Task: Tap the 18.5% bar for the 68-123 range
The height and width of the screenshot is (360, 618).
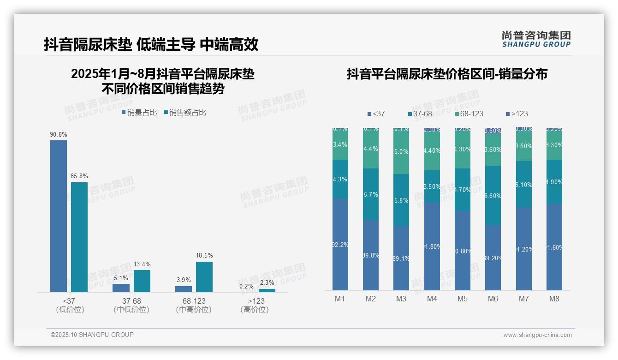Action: coord(204,276)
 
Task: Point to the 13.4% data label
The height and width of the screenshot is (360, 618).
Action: coord(142,264)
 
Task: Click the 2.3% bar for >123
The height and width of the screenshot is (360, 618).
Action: coord(267,290)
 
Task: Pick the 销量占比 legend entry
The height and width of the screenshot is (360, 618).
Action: coord(139,113)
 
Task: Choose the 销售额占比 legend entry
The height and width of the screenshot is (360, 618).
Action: coord(185,113)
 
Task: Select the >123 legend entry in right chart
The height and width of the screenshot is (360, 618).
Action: coord(517,114)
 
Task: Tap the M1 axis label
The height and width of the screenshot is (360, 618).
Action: coord(340,299)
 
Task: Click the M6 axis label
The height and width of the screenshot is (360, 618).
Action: coord(493,299)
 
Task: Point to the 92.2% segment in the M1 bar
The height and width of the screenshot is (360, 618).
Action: coord(340,244)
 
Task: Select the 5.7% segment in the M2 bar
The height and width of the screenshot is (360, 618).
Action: coord(371,194)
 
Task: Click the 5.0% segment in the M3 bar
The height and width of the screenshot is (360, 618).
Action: coord(401,151)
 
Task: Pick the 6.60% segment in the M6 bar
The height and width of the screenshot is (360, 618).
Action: coord(493,195)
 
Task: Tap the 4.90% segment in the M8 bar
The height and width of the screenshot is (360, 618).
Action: coord(554,182)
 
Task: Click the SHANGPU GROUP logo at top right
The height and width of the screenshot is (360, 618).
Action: coord(536,39)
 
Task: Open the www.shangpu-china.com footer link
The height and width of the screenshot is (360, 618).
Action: coord(537,335)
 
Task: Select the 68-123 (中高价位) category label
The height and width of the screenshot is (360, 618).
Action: coord(194,305)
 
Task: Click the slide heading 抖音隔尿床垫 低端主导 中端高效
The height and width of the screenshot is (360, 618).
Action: coord(151,44)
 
